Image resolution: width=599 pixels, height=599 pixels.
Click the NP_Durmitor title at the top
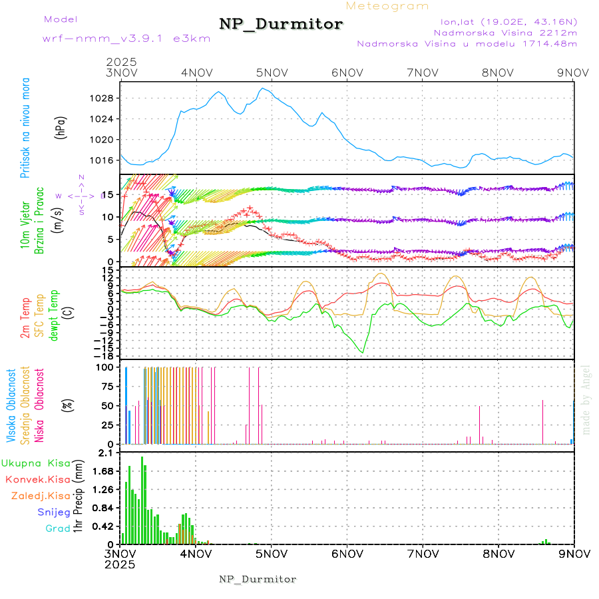[x=281, y=25]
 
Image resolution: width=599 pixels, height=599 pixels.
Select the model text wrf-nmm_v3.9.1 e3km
[x=126, y=38]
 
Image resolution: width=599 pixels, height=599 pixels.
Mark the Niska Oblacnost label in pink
[x=40, y=405]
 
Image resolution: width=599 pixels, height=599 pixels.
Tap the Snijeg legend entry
[x=54, y=512]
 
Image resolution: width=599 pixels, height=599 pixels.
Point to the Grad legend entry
[x=57, y=528]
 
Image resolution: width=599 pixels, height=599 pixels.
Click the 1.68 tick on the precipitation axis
[x=103, y=471]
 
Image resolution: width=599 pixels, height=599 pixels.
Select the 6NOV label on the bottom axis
[x=347, y=554]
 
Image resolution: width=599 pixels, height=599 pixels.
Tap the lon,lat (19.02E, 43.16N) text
[x=504, y=21]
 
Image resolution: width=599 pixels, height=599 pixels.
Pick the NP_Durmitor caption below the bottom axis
[x=258, y=579]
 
